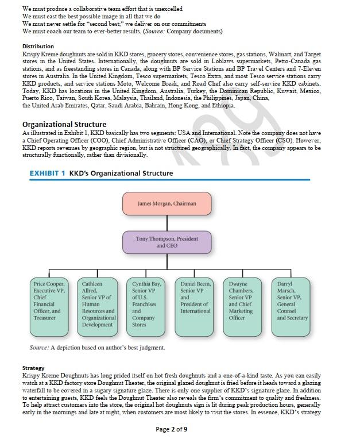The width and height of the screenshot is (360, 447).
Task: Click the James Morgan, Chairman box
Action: tap(167, 203)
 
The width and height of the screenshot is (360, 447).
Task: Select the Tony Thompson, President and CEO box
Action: tap(167, 242)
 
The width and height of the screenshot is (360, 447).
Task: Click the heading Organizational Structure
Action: tap(64, 124)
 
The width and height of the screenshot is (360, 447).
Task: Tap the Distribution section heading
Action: tap(38, 46)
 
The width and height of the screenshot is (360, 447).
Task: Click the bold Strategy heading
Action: tap(33, 368)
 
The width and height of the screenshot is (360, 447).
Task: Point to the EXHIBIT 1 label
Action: tap(47, 173)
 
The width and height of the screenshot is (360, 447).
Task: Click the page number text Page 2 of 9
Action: tap(171, 429)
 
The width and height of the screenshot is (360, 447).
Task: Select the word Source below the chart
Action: tap(38, 348)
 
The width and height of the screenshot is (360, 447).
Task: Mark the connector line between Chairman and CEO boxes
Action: tap(167, 223)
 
